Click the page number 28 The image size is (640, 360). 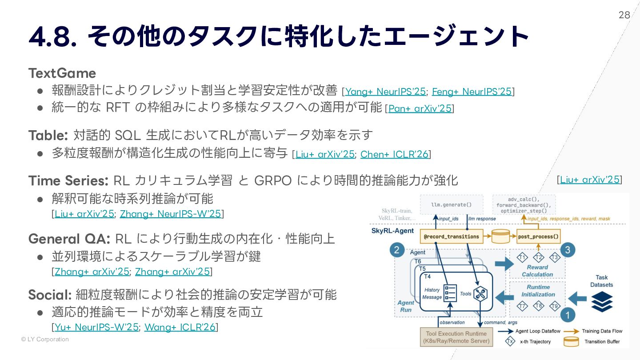pyautogui.click(x=624, y=15)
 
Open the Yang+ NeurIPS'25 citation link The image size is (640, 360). pyautogui.click(x=385, y=92)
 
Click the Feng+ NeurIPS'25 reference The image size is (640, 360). pyautogui.click(x=472, y=92)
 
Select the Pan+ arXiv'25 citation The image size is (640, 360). pyautogui.click(x=420, y=108)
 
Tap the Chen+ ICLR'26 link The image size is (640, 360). pyautogui.click(x=394, y=154)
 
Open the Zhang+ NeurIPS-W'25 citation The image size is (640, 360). pyautogui.click(x=171, y=214)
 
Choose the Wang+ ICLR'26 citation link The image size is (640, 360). pyautogui.click(x=180, y=328)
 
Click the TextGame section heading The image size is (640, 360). pyautogui.click(x=62, y=73)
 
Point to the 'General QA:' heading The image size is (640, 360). pyautogui.click(x=69, y=239)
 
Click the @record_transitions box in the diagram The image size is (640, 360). pyautogui.click(x=451, y=236)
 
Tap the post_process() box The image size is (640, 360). pyautogui.click(x=538, y=236)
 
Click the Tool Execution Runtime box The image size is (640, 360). pyautogui.click(x=456, y=337)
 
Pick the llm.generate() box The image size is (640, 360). pyautogui.click(x=451, y=205)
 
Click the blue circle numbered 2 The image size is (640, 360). pyautogui.click(x=397, y=250)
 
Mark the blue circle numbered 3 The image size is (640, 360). pyautogui.click(x=567, y=250)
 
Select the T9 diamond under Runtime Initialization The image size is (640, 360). pyautogui.click(x=554, y=306)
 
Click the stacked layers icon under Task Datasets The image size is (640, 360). pyautogui.click(x=602, y=302)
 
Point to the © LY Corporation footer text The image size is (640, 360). pyautogui.click(x=45, y=340)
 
